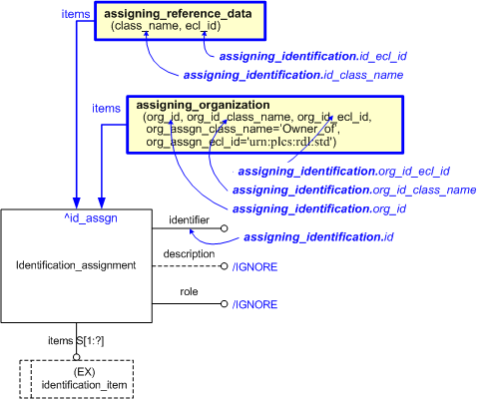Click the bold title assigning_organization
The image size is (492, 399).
195,104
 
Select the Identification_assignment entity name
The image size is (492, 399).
77,264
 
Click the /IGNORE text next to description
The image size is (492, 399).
255,267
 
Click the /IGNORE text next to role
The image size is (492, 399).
255,304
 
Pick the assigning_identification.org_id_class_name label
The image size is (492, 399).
353,190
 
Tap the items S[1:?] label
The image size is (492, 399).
77,341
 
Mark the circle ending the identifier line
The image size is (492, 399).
225,229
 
